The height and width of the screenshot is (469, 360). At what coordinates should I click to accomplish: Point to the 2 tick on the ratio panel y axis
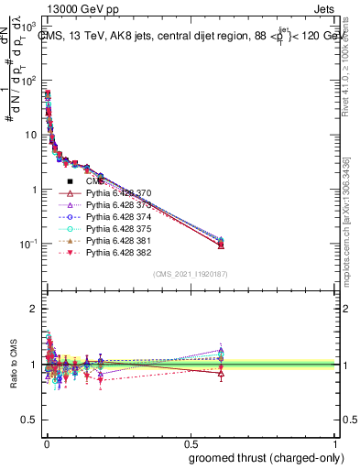[29, 309]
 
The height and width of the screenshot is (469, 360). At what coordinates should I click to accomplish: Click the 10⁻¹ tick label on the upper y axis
[25, 245]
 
